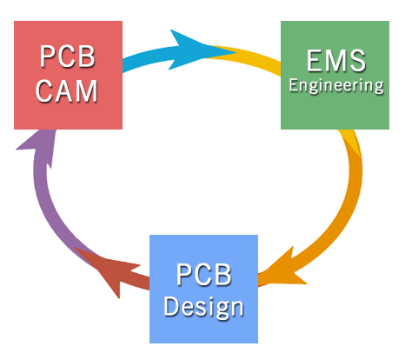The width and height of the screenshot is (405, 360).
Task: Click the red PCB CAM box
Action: tap(68, 75)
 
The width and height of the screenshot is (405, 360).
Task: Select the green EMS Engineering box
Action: tap(335, 75)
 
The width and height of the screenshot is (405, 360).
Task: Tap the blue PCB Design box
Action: tap(203, 289)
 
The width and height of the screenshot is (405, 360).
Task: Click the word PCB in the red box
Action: tap(68, 57)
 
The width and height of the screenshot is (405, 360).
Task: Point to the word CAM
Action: tap(67, 91)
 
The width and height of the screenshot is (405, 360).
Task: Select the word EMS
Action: tap(336, 61)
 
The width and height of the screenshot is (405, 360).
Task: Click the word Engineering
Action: tap(336, 86)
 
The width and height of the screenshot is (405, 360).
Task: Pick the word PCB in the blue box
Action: tap(204, 275)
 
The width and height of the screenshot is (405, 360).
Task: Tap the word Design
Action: tap(203, 308)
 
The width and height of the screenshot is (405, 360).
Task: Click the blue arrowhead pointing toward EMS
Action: tap(197, 50)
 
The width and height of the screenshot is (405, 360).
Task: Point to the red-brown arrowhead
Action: tap(110, 268)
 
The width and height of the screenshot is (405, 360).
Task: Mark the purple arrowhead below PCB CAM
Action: tap(39, 145)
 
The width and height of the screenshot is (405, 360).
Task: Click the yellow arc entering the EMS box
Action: tap(249, 57)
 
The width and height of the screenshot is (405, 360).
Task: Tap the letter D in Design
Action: tap(172, 306)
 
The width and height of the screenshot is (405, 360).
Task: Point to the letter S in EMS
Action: tap(358, 61)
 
